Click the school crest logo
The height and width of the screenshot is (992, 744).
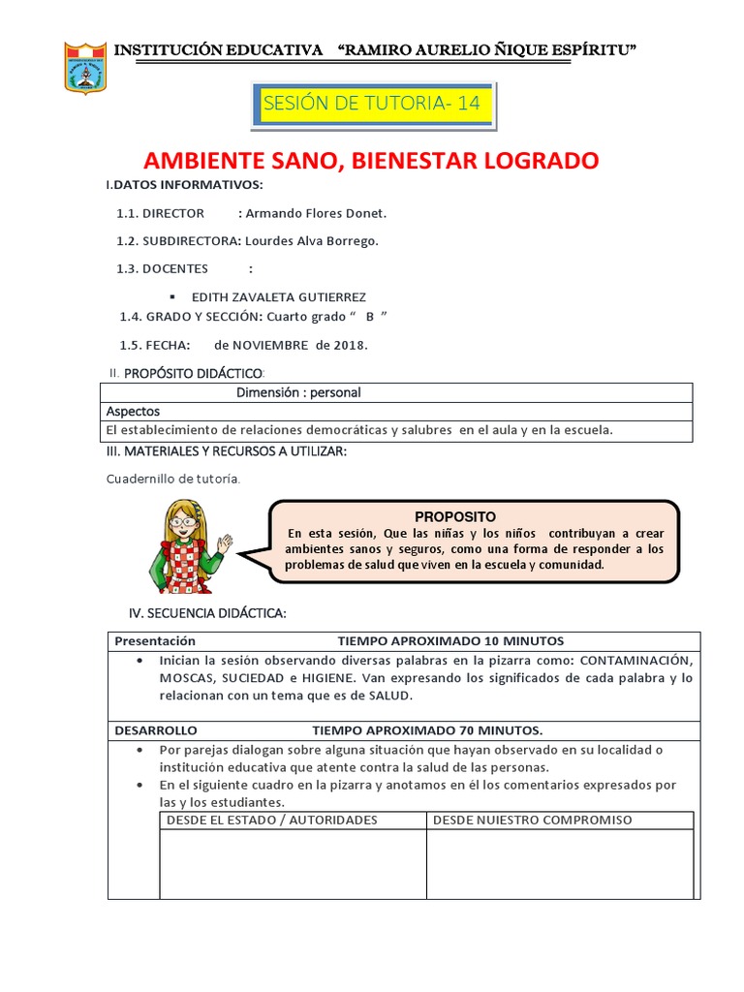[x=85, y=69]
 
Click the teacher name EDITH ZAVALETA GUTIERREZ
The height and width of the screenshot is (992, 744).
[x=279, y=296]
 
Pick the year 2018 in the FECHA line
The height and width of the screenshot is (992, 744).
[x=350, y=345]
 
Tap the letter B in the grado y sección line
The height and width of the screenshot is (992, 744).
[x=369, y=317]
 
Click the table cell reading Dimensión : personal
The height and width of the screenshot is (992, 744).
[x=298, y=392]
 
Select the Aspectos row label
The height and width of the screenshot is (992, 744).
[x=133, y=411]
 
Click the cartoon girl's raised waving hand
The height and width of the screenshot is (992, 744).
[x=226, y=543]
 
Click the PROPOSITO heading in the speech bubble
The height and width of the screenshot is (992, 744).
[x=455, y=516]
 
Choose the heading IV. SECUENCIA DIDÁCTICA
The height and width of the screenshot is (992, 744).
[x=207, y=613]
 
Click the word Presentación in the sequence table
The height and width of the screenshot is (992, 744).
[x=155, y=640]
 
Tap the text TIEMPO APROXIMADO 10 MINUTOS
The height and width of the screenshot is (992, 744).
[x=449, y=640]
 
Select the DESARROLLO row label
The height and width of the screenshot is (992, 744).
[x=156, y=729]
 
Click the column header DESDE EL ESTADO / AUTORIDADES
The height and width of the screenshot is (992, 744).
[x=272, y=820]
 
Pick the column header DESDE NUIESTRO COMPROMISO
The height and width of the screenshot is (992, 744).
[x=532, y=820]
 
